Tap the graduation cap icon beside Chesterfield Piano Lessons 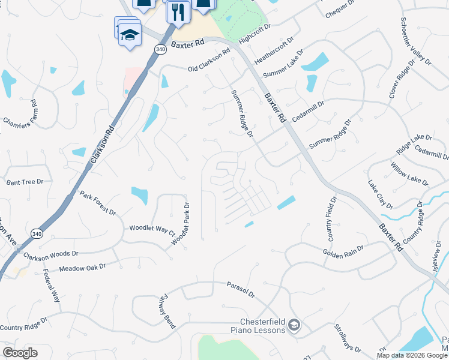tap(294, 325)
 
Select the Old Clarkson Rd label tap(209, 62)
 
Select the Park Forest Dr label tap(97, 205)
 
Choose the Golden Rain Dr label tap(343, 252)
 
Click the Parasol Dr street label tap(240, 290)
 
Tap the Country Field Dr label tap(330, 218)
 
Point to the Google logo tap(20, 353)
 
